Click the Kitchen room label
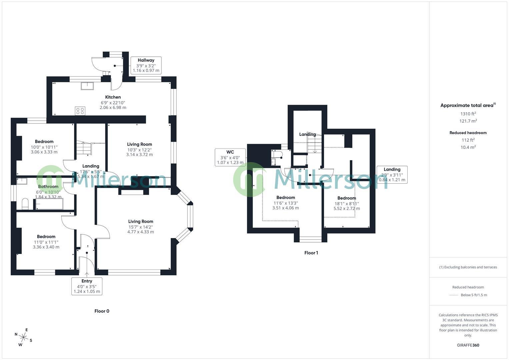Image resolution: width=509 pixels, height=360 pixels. pos(113,97)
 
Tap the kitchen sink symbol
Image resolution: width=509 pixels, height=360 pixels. pos(87,86)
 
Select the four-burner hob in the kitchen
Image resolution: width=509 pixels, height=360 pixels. pos(80,111)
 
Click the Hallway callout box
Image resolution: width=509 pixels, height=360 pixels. pos(146,65)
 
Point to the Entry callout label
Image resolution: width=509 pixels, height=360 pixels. pos(87,286)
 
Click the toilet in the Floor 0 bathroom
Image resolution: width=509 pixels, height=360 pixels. pos(25,204)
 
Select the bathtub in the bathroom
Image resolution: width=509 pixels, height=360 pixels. pos(49,204)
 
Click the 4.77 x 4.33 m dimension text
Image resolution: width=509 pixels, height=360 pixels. pos(141,232)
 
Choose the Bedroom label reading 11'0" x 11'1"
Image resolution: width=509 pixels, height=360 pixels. pos(46,242)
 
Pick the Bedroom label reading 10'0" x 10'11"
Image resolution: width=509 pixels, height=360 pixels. pos(44,147)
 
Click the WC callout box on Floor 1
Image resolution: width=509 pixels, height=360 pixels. pos(230,157)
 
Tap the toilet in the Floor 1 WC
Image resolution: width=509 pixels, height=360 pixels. pos(277,154)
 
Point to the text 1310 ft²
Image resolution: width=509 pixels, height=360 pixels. pos(468,114)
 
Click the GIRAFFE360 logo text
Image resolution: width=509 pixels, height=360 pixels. pos(468,345)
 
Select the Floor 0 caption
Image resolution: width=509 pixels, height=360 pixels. pos(102,311)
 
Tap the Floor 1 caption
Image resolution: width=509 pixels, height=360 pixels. pos(311,253)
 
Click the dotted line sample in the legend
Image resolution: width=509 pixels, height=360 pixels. pos(454,295)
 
